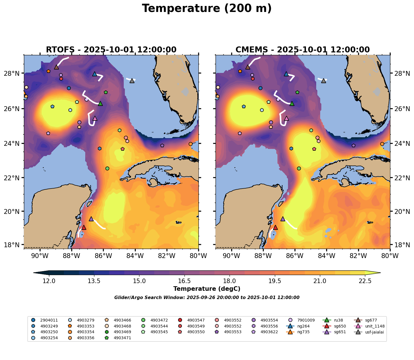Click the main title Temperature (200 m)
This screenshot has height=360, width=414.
(x=207, y=9)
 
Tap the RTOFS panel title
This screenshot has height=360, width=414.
(x=111, y=50)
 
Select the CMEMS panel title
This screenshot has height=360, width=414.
(x=303, y=50)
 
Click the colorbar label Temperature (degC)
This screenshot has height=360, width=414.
(x=207, y=289)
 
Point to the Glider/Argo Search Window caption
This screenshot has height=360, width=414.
(x=207, y=298)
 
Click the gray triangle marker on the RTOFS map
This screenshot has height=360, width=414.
(x=132, y=81)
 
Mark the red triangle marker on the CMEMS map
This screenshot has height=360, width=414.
(x=275, y=227)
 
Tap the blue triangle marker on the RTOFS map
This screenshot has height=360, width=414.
(x=95, y=74)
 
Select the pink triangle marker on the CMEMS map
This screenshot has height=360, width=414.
(x=287, y=118)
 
